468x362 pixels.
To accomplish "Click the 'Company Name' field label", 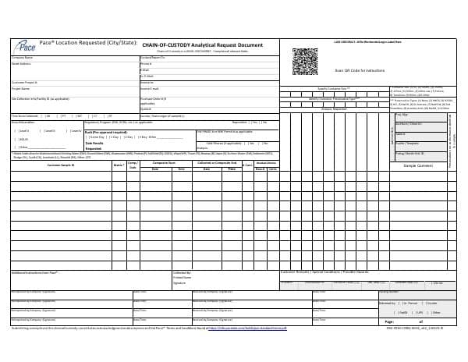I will [22, 58].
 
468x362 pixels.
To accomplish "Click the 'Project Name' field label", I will [21, 88].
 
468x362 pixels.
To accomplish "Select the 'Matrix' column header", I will [119, 165].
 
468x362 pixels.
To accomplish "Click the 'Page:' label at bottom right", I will [390, 321].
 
